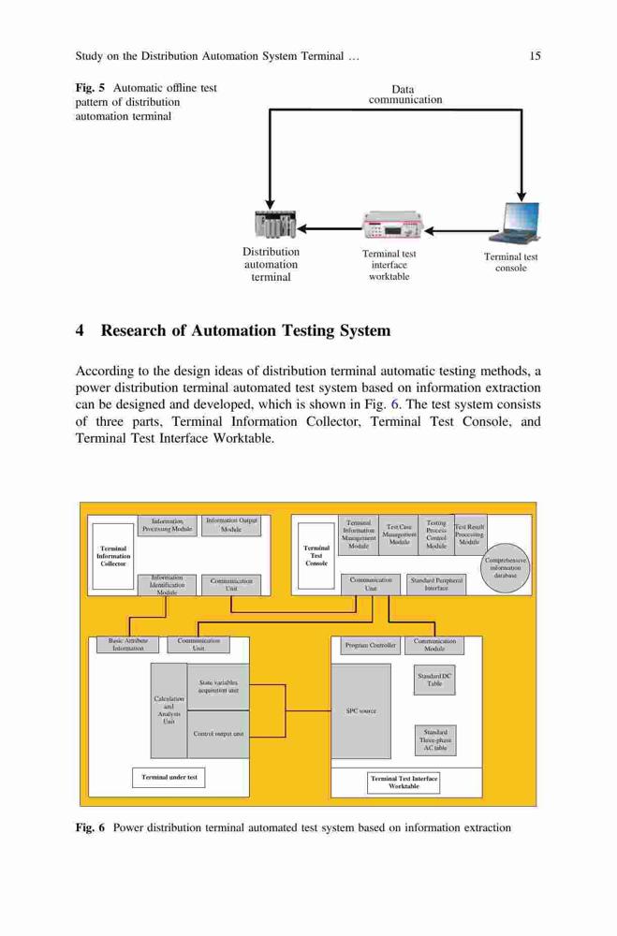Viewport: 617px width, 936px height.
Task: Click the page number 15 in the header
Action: pyautogui.click(x=535, y=56)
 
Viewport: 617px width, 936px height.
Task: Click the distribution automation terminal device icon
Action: pyautogui.click(x=274, y=225)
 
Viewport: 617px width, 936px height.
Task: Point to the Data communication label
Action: pyautogui.click(x=405, y=95)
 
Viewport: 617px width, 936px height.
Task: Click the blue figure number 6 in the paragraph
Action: pyautogui.click(x=394, y=404)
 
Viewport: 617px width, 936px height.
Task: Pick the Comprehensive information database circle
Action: pyautogui.click(x=506, y=568)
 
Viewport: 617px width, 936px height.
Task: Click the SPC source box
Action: pyautogui.click(x=361, y=711)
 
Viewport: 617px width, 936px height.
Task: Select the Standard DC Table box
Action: pyautogui.click(x=434, y=680)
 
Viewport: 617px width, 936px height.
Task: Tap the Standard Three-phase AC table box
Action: pyautogui.click(x=435, y=739)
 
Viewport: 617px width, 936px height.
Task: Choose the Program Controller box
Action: pyautogui.click(x=371, y=645)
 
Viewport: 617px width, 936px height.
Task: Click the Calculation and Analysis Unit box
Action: pyautogui.click(x=169, y=709)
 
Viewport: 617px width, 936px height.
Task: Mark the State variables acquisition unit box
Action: pyautogui.click(x=218, y=686)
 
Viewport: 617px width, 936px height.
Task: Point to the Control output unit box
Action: pyautogui.click(x=218, y=734)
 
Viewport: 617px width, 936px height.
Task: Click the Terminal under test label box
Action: pyautogui.click(x=169, y=777)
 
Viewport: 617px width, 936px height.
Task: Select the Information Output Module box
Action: pyautogui.click(x=231, y=525)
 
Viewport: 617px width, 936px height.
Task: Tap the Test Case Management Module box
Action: pyautogui.click(x=399, y=534)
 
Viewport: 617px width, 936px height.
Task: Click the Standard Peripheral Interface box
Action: pyautogui.click(x=436, y=584)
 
